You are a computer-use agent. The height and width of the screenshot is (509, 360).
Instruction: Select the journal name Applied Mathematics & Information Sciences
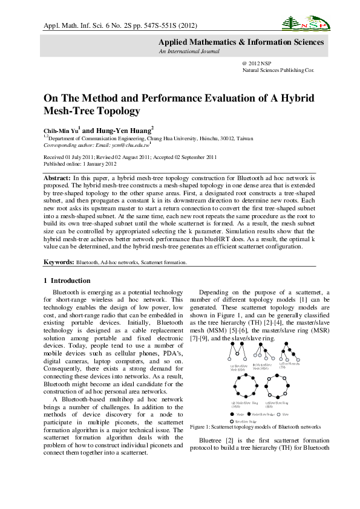[x=241, y=42]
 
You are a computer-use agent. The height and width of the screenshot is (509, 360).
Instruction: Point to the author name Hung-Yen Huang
[x=125, y=130]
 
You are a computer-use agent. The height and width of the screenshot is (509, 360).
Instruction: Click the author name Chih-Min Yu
[x=60, y=130]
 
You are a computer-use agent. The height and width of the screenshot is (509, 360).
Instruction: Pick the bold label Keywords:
[x=59, y=262]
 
